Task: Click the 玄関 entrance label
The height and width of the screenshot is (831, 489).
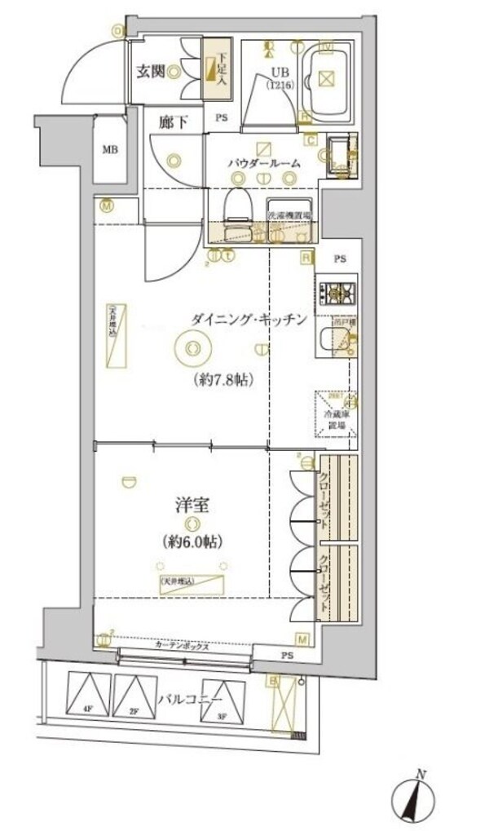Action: click(x=151, y=72)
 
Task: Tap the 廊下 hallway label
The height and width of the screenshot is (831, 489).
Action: click(x=173, y=122)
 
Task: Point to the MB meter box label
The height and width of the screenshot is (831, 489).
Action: click(x=108, y=149)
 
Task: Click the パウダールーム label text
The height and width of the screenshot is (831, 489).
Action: click(x=263, y=163)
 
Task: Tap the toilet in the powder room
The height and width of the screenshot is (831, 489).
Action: click(x=239, y=209)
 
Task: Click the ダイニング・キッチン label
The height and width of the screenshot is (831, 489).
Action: click(x=248, y=320)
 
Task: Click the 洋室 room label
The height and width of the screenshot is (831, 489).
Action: click(x=192, y=506)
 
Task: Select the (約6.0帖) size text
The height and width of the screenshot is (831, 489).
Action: click(x=192, y=541)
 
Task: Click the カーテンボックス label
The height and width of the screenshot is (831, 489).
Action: click(x=183, y=645)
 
